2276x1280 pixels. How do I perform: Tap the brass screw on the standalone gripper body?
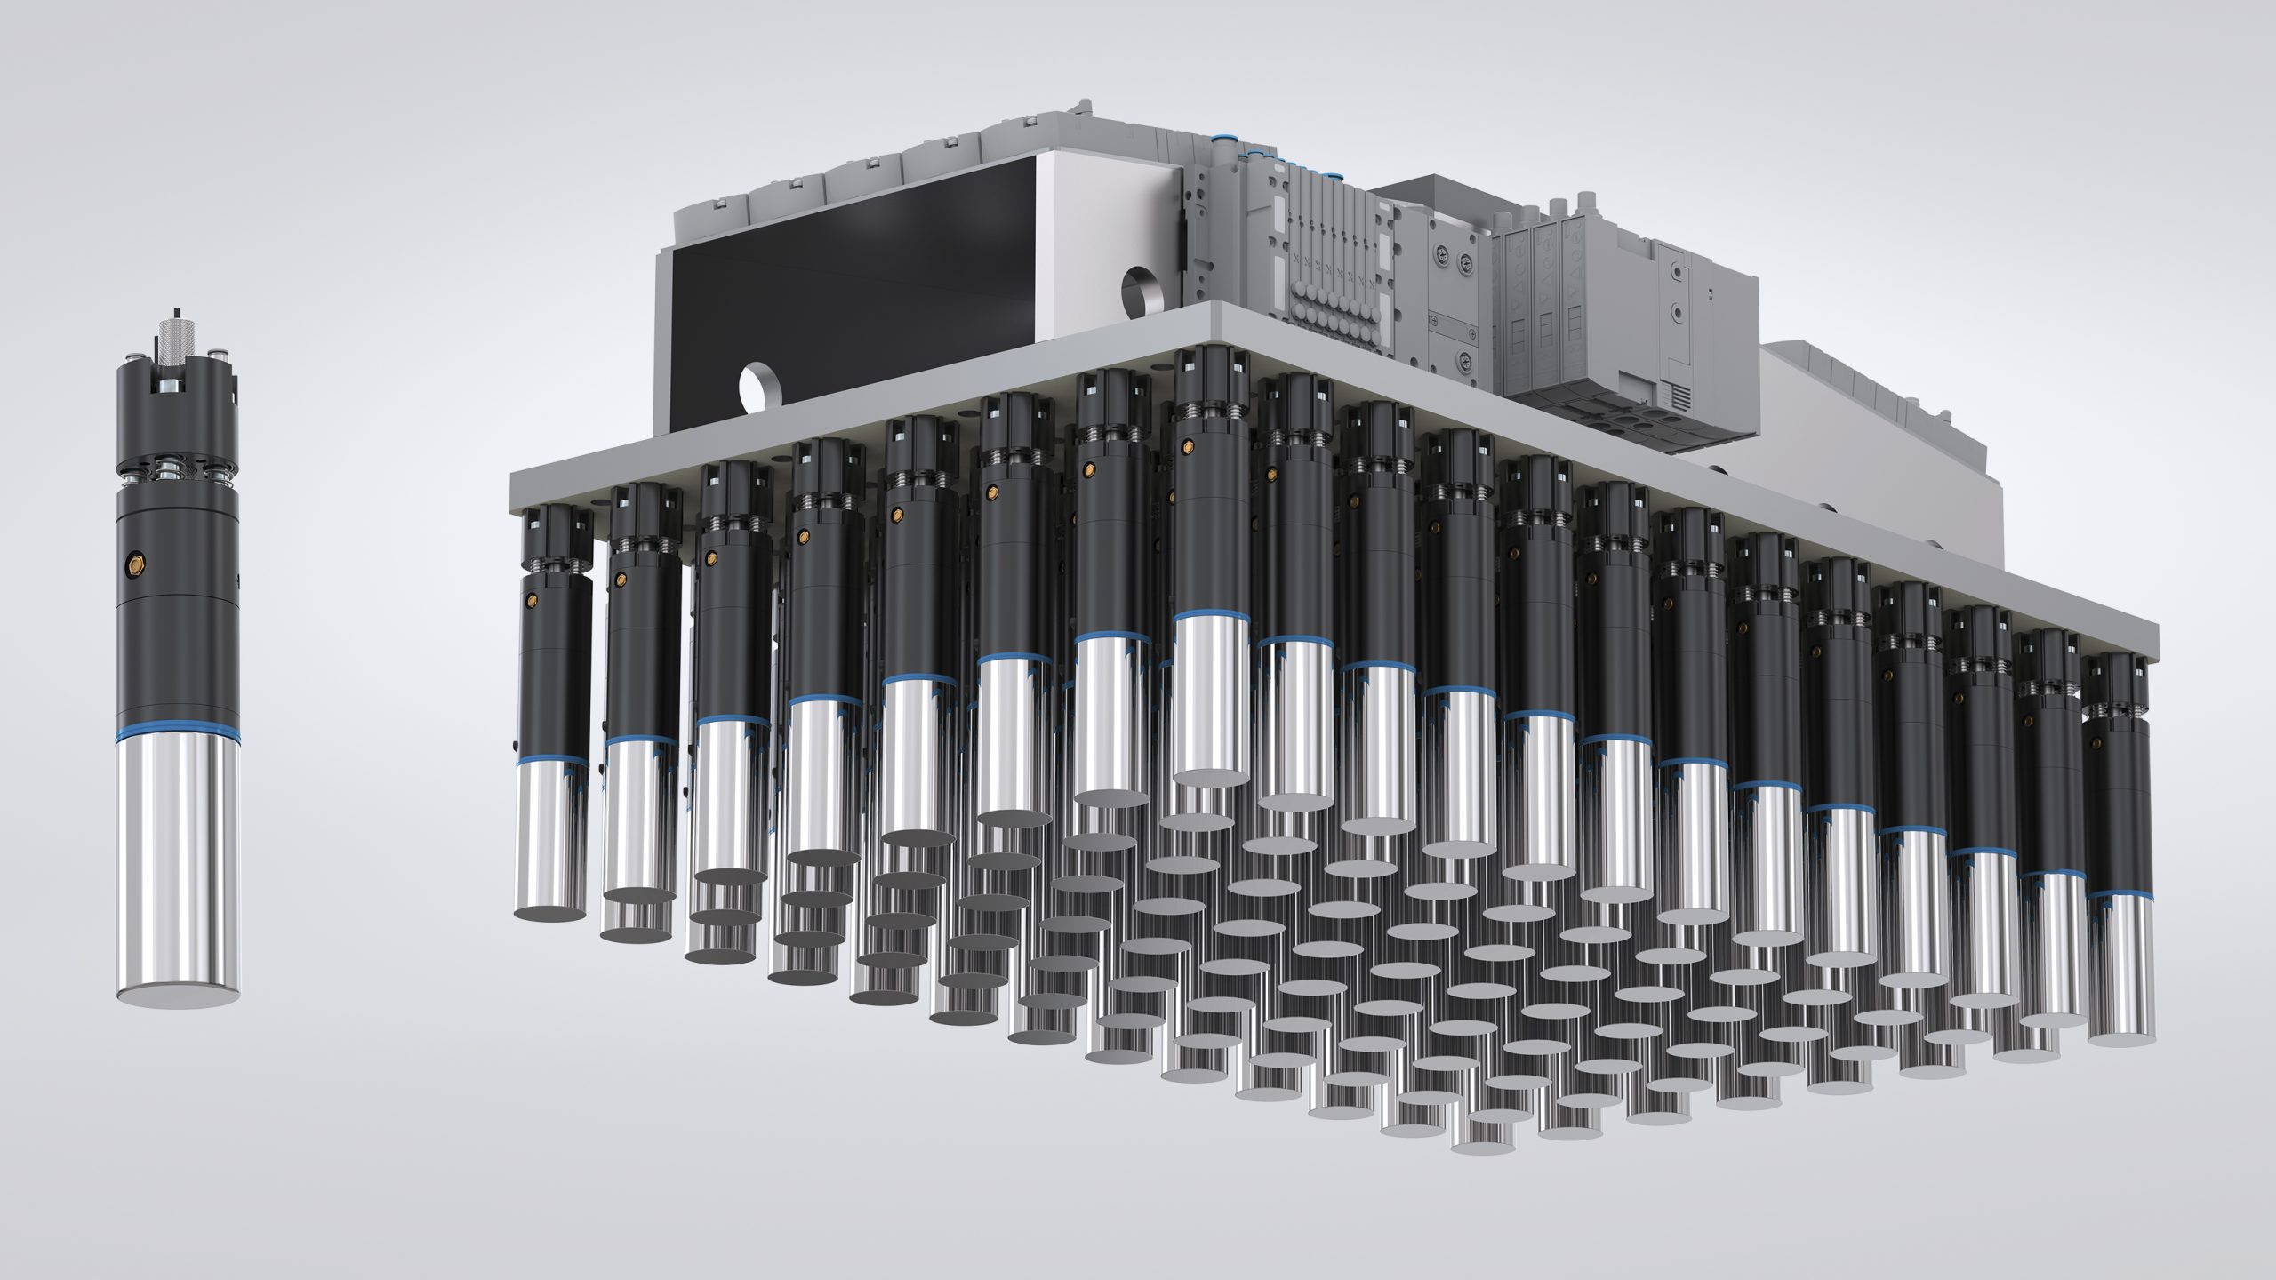click(x=136, y=563)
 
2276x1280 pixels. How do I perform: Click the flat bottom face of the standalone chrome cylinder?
click(x=177, y=994)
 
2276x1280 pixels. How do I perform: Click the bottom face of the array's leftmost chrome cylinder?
click(x=549, y=913)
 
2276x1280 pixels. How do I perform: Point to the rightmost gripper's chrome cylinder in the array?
click(x=2120, y=978)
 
